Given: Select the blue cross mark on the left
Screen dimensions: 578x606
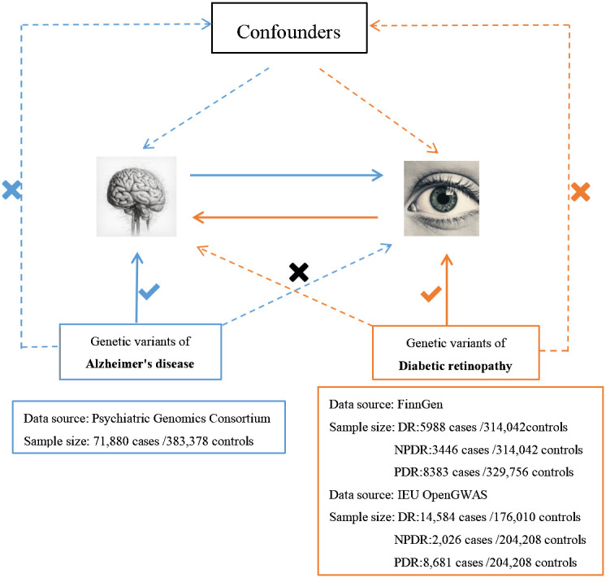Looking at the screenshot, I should point(11,191).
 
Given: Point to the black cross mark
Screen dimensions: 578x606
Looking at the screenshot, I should point(299,272).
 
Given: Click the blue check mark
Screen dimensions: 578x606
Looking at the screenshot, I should point(149,292).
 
